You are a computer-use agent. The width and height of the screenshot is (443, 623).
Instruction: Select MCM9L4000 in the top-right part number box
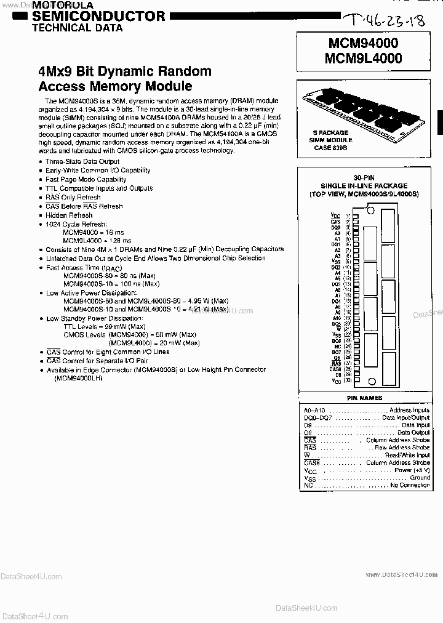click(x=365, y=58)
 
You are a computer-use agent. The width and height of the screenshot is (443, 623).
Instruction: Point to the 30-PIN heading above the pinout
click(x=363, y=177)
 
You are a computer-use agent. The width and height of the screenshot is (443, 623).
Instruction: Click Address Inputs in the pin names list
click(x=410, y=409)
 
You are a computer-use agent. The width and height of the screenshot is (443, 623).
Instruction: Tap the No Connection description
click(x=410, y=485)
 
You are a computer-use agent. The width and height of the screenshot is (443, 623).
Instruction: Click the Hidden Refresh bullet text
click(x=69, y=215)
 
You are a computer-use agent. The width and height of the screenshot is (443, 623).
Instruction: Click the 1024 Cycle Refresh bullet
click(x=76, y=224)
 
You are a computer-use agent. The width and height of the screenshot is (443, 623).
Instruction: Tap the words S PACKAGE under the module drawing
click(x=330, y=132)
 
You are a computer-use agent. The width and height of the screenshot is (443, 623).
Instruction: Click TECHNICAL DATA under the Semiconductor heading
click(x=77, y=28)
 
